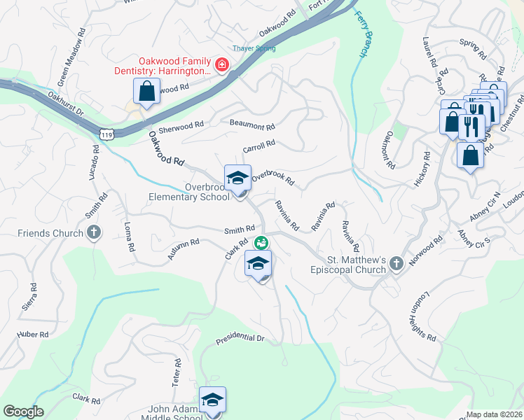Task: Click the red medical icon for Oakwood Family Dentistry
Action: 221,65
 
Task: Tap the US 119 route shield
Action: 106,133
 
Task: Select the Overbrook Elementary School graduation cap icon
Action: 237,178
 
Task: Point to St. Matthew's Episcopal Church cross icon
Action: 396,263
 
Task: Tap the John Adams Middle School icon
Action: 212,400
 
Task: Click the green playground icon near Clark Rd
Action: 261,243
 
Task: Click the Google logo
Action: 23,412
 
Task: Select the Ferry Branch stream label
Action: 361,34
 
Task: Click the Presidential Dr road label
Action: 240,339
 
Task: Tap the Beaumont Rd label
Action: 252,125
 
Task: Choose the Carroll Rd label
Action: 258,146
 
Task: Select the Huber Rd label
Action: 33,335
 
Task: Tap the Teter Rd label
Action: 177,377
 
